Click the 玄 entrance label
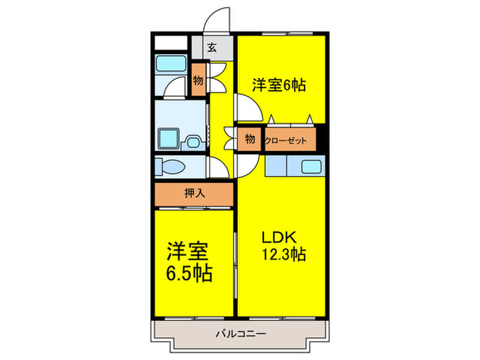pos(213,48)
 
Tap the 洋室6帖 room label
pos(278,85)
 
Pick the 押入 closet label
pos(195,193)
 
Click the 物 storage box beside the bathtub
pos(198,81)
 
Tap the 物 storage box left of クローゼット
pos(250,139)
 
